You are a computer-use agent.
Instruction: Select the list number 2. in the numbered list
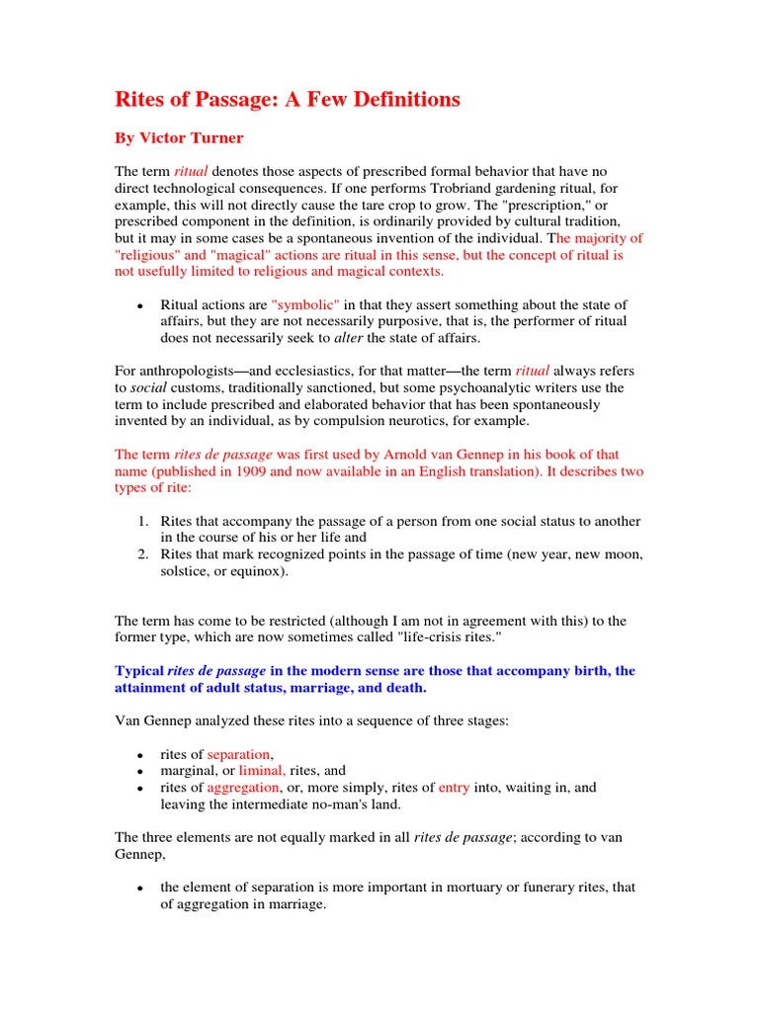coord(143,554)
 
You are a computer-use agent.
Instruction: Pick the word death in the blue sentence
coord(408,688)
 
